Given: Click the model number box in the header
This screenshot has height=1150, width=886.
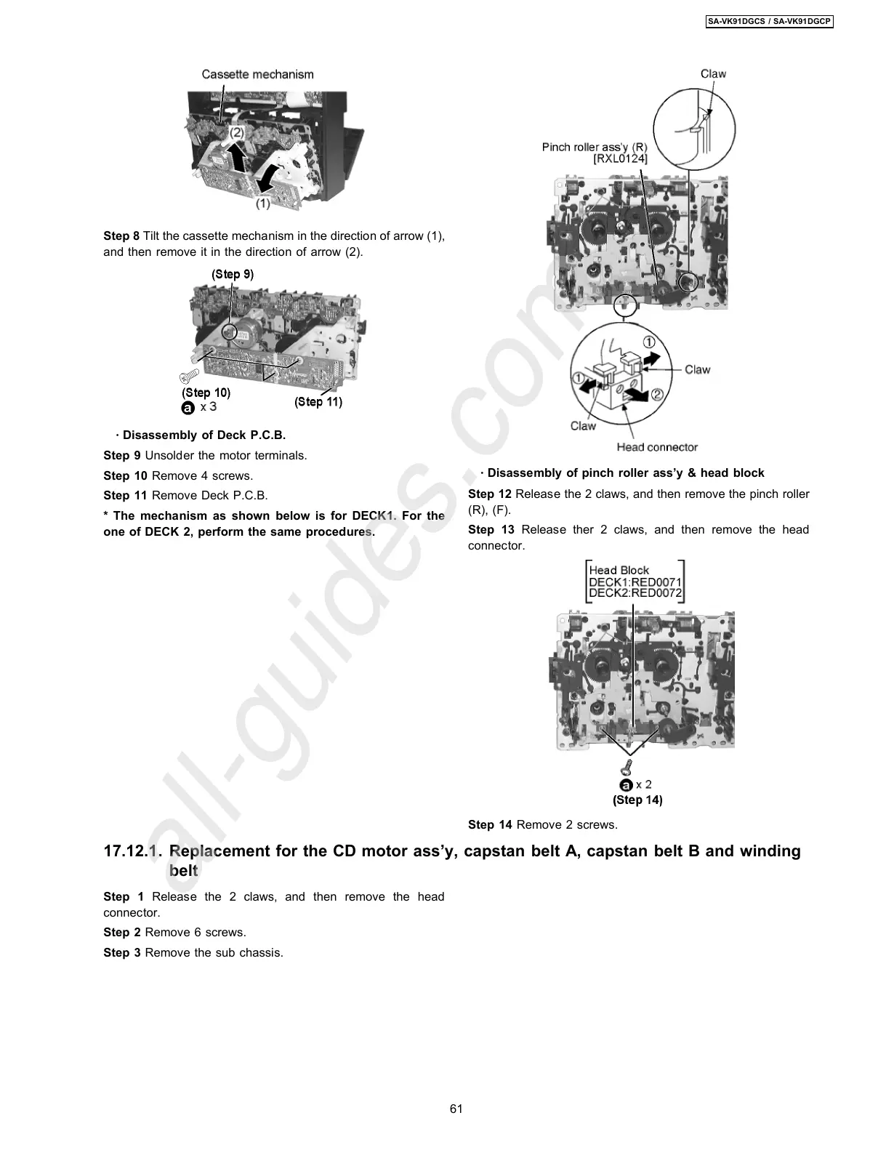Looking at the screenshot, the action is [769, 22].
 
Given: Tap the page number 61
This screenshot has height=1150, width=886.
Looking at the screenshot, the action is [456, 1109].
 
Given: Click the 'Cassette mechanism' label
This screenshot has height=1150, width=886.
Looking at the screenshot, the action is [257, 74].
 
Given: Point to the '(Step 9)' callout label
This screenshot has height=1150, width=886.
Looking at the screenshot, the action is [233, 274].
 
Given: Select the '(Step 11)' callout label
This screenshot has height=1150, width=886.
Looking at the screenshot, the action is [318, 402].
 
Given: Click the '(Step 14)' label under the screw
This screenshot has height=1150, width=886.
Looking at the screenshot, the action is [637, 800].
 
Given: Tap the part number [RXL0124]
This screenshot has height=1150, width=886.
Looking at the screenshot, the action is [620, 158].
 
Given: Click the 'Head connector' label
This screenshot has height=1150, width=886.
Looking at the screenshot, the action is [657, 447].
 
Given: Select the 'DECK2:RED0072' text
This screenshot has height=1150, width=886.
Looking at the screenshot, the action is [635, 592].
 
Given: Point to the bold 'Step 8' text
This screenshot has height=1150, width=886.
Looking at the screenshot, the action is [121, 236].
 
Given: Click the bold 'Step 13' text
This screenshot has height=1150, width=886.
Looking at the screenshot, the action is [491, 529].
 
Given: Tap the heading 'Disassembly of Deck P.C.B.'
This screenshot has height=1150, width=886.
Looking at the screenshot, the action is [204, 435].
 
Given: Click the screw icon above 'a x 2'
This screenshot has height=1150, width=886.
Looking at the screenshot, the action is [627, 766].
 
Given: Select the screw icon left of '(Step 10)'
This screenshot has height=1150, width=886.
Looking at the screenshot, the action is [189, 376].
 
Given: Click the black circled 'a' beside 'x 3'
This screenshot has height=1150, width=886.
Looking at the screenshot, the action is [188, 408].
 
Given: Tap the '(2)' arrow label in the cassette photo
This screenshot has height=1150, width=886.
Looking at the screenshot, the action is [238, 133].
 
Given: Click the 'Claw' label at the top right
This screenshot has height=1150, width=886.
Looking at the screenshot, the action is [713, 73].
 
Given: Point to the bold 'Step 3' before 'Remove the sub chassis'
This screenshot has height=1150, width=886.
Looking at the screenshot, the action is [121, 952].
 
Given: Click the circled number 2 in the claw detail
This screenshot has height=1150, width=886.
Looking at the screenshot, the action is [656, 395].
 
